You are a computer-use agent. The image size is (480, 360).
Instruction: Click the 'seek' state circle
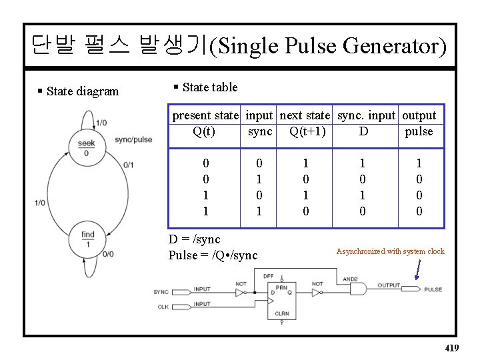coord(87,147)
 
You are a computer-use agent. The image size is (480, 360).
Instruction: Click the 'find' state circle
coord(87,239)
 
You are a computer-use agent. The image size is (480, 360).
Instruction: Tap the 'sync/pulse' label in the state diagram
coord(133,139)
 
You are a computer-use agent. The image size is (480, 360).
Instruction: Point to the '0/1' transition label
coord(129,165)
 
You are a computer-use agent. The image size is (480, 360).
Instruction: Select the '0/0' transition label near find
coord(109,254)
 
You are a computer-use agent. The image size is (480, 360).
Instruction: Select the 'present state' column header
coord(205,115)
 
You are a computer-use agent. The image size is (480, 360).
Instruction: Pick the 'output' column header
coord(419,115)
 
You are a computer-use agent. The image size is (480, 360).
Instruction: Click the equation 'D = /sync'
coord(194,239)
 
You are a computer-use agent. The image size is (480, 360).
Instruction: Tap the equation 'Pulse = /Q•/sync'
coord(213,255)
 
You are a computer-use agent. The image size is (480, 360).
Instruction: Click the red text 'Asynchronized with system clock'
coord(390,251)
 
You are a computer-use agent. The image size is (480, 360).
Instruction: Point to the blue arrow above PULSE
coord(418,269)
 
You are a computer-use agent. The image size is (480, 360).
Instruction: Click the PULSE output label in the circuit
coord(433,289)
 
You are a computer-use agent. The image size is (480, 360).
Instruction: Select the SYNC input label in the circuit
coord(161,291)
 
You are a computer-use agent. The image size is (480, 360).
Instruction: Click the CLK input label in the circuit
coord(163,307)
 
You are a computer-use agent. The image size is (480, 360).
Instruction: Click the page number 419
coord(451,348)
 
